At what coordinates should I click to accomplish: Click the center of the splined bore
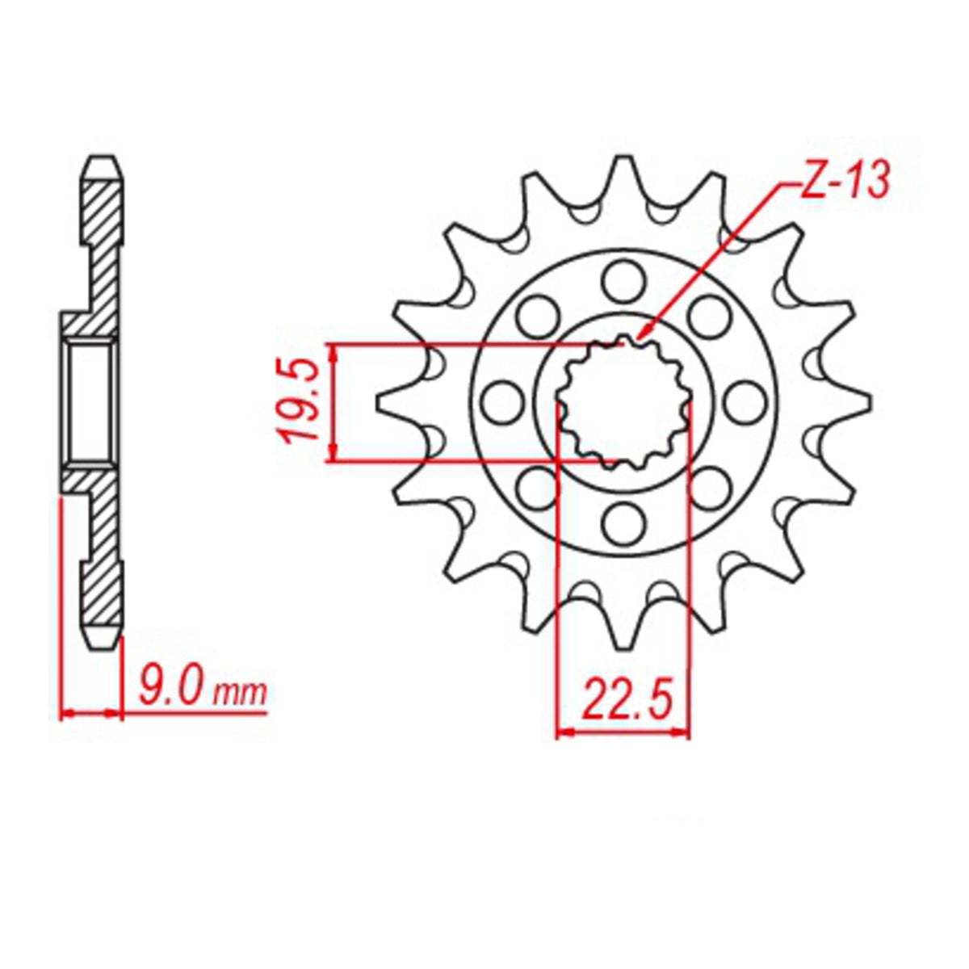point(625,402)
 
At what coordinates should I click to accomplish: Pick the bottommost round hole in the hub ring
point(625,522)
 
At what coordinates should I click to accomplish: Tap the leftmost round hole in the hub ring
point(504,401)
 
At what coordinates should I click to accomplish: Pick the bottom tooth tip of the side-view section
point(103,646)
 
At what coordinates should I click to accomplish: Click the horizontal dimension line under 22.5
point(624,733)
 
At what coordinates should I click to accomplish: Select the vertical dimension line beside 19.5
point(333,401)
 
